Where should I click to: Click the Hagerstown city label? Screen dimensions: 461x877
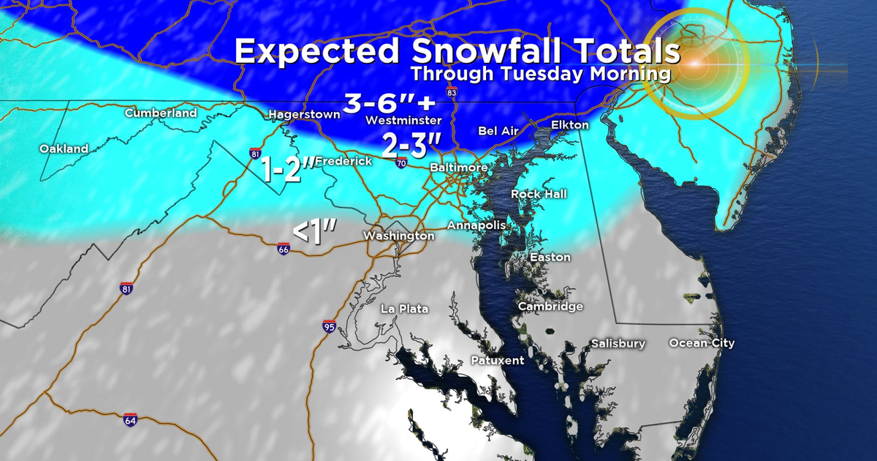(304, 114)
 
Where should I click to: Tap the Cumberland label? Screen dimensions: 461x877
(161, 113)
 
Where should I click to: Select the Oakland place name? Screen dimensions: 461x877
(64, 149)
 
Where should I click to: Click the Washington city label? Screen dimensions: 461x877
(399, 236)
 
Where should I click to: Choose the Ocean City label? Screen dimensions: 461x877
(702, 343)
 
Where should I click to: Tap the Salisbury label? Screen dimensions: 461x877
(618, 343)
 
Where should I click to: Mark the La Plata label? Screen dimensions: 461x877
(404, 309)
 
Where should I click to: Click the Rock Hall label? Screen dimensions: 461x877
(539, 194)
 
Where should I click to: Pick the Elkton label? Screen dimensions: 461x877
(570, 125)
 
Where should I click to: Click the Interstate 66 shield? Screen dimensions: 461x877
(284, 249)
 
